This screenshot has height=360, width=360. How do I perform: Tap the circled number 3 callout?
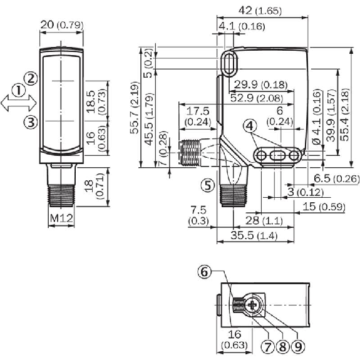(x=29, y=121)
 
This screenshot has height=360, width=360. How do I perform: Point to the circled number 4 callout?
(x=251, y=126)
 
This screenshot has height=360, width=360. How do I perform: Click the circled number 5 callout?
(x=207, y=185)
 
